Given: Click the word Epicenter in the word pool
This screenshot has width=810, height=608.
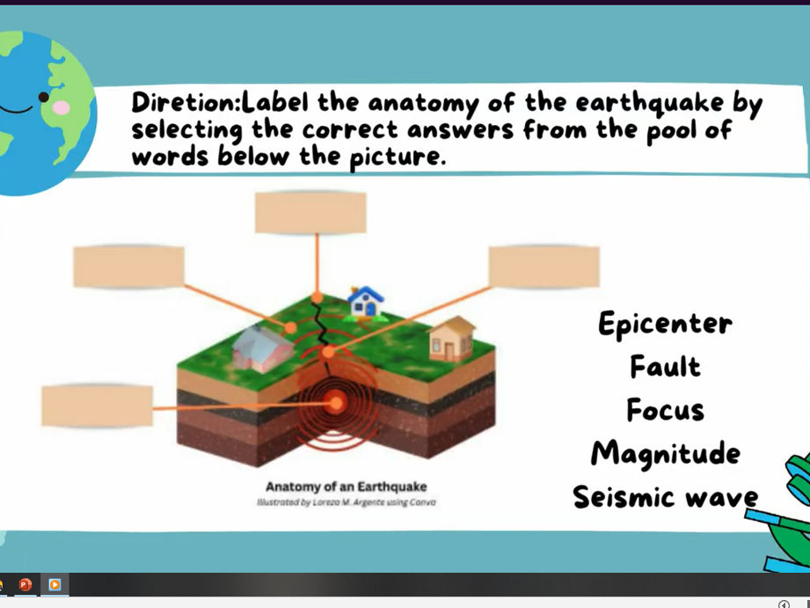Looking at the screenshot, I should (665, 324).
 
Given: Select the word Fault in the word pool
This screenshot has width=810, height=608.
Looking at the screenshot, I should (665, 365).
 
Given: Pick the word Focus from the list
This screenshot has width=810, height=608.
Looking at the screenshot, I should (665, 410).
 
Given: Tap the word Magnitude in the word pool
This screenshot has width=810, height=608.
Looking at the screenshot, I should (665, 453).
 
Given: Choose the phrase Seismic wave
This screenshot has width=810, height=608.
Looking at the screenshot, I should (665, 496).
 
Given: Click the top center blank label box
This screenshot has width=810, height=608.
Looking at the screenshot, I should (310, 212).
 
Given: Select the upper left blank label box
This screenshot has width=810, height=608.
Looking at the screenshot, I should (128, 267).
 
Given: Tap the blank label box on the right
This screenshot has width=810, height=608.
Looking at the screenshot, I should (544, 267).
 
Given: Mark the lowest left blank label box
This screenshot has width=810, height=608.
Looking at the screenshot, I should (97, 407).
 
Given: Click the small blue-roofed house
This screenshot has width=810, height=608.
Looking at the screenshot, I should (365, 302).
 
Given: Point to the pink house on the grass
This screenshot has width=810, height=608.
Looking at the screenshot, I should (261, 347).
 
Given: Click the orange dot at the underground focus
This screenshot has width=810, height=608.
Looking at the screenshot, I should (336, 403).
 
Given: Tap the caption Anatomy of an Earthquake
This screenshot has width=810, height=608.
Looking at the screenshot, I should (346, 487).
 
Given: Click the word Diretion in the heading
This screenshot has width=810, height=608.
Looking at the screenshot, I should (184, 102).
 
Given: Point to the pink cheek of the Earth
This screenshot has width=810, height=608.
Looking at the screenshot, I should (61, 107).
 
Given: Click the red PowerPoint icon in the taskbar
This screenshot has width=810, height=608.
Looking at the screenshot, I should (26, 584).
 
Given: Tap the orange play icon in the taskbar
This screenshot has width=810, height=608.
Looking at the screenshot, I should (55, 584).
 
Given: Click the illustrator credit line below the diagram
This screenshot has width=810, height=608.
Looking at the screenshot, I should (346, 502).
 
